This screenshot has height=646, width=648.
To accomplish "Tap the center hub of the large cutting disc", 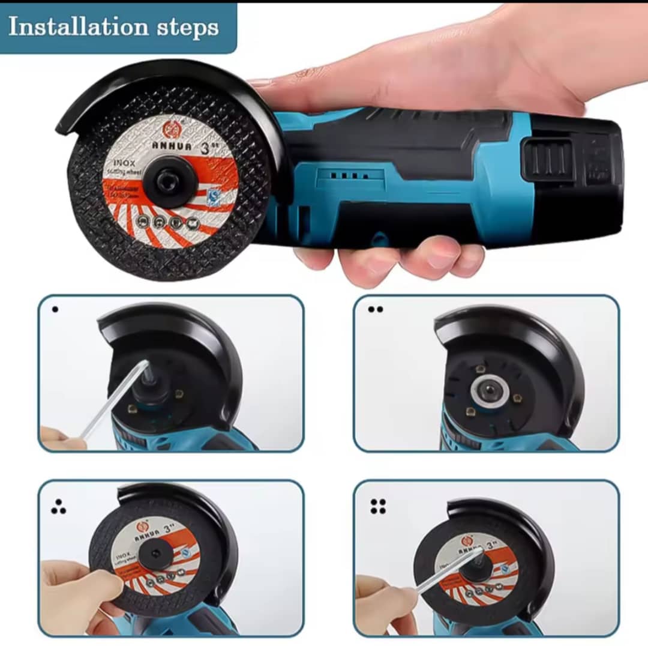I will (x=170, y=181).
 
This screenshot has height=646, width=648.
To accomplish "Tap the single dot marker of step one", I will (x=55, y=310).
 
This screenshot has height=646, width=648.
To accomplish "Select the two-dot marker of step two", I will (x=376, y=310).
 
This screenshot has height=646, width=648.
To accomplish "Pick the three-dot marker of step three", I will (x=58, y=508).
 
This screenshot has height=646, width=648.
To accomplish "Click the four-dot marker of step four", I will (x=378, y=506).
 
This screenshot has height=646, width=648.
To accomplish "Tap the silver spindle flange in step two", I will (x=490, y=391).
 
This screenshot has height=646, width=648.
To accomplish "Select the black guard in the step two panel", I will (x=516, y=336).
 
